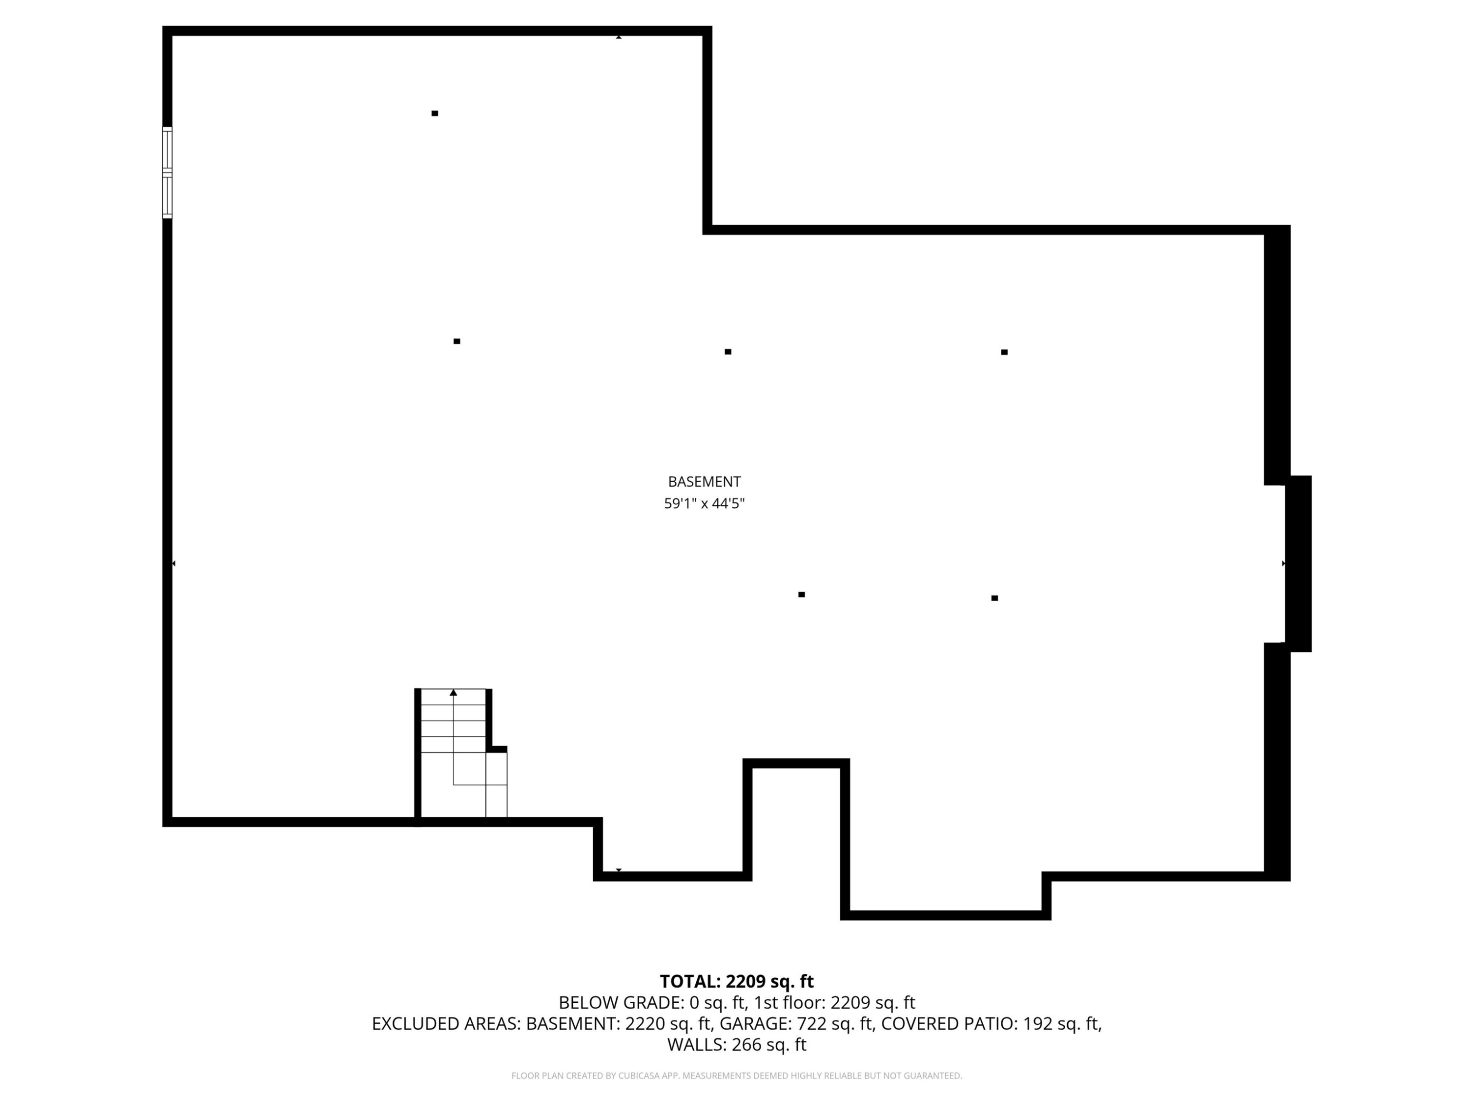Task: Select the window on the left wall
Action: (x=167, y=172)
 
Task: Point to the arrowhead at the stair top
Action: (x=453, y=693)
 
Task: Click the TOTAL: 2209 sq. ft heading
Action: (x=737, y=981)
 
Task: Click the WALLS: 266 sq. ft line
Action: (x=737, y=1045)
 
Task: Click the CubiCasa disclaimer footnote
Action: (x=737, y=1076)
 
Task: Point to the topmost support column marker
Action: (x=434, y=114)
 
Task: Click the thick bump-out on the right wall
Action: (x=1298, y=563)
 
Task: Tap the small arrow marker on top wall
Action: (x=619, y=37)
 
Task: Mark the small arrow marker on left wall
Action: (x=174, y=563)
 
